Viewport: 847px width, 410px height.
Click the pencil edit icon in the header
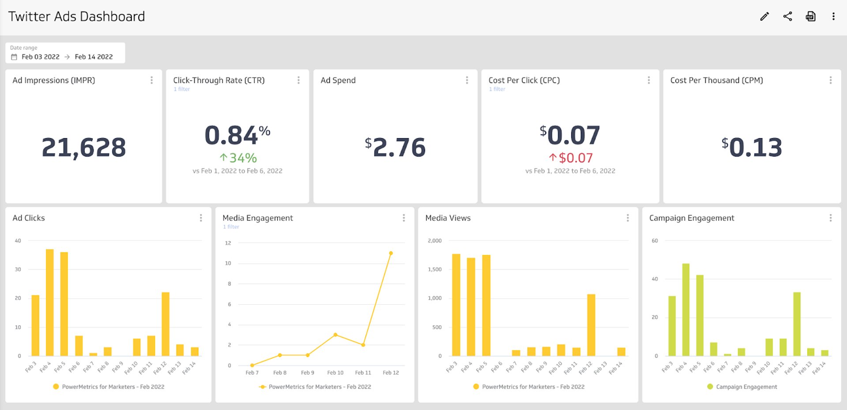coord(765,17)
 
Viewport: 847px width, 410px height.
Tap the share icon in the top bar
coord(787,17)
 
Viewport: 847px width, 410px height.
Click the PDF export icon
coord(810,17)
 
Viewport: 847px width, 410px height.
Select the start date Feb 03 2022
coord(40,57)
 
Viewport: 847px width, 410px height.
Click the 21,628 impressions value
coord(84,147)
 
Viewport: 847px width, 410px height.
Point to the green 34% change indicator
coord(238,158)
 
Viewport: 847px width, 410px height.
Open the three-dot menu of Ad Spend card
coord(467,80)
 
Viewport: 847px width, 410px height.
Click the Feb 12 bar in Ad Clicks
coord(165,324)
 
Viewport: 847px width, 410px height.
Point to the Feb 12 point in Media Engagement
coord(391,253)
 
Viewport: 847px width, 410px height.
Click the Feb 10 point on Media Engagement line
coord(335,335)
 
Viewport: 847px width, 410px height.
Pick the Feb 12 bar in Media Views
coord(591,325)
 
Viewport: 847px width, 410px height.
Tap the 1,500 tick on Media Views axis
coord(435,269)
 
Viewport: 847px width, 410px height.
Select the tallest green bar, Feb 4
coord(686,309)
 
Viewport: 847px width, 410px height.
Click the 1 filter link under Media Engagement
coord(231,227)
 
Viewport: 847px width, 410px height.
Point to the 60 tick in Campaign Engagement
coord(655,241)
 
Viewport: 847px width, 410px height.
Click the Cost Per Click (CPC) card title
coord(524,80)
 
